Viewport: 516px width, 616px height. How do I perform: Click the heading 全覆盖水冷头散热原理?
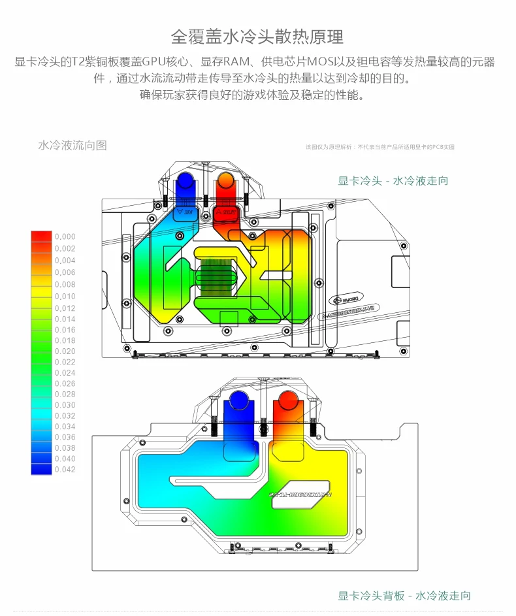tap(257, 36)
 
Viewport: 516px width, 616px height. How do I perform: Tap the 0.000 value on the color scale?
tap(65, 236)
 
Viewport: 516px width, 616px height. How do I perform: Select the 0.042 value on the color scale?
tap(65, 470)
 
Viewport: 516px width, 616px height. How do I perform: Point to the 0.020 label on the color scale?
tap(65, 351)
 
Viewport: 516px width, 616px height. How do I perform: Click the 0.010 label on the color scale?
tap(65, 297)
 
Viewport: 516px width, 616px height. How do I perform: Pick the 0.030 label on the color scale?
tap(65, 405)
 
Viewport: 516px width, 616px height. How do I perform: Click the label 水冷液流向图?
tap(73, 145)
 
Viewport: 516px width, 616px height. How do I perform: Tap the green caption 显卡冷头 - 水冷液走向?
tap(393, 180)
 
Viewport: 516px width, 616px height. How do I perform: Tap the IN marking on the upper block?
tap(186, 212)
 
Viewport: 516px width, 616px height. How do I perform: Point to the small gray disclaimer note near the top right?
tap(379, 147)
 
